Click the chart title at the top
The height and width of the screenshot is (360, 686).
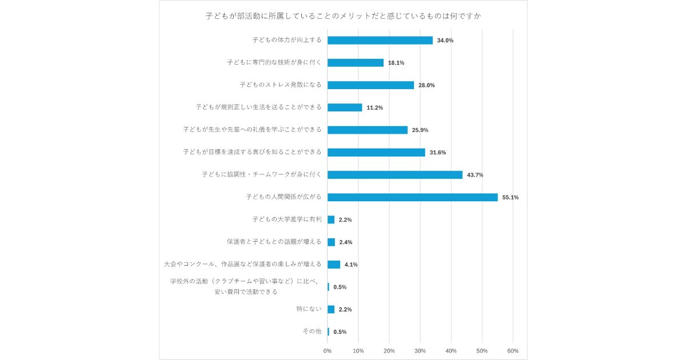tap(343, 16)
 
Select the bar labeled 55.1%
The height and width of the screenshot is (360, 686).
tap(412, 197)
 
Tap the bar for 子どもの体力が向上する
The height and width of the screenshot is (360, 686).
tap(380, 41)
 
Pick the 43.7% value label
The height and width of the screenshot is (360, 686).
tap(475, 175)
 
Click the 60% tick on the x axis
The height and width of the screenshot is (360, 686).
tap(513, 351)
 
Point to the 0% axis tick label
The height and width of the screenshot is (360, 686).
tap(328, 351)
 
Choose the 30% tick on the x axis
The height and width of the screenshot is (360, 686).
tap(420, 351)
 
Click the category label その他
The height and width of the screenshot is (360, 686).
tap(312, 331)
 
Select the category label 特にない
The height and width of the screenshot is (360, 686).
tap(309, 309)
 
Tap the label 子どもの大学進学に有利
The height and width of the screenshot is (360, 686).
tap(286, 219)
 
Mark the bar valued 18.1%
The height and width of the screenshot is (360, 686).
tap(355, 63)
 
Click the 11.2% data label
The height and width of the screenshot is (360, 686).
tap(374, 108)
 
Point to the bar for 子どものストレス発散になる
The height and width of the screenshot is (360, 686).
tap(370, 85)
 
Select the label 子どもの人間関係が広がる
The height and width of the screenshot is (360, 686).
tap(284, 197)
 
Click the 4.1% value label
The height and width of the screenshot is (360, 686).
tap(351, 265)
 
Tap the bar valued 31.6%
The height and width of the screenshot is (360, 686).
tap(376, 153)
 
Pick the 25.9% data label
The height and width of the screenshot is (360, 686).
tap(420, 130)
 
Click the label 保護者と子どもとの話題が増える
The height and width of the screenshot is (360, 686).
tap(274, 242)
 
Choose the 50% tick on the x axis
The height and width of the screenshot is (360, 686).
tap(482, 351)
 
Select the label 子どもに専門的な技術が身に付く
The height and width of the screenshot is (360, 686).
tap(274, 63)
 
